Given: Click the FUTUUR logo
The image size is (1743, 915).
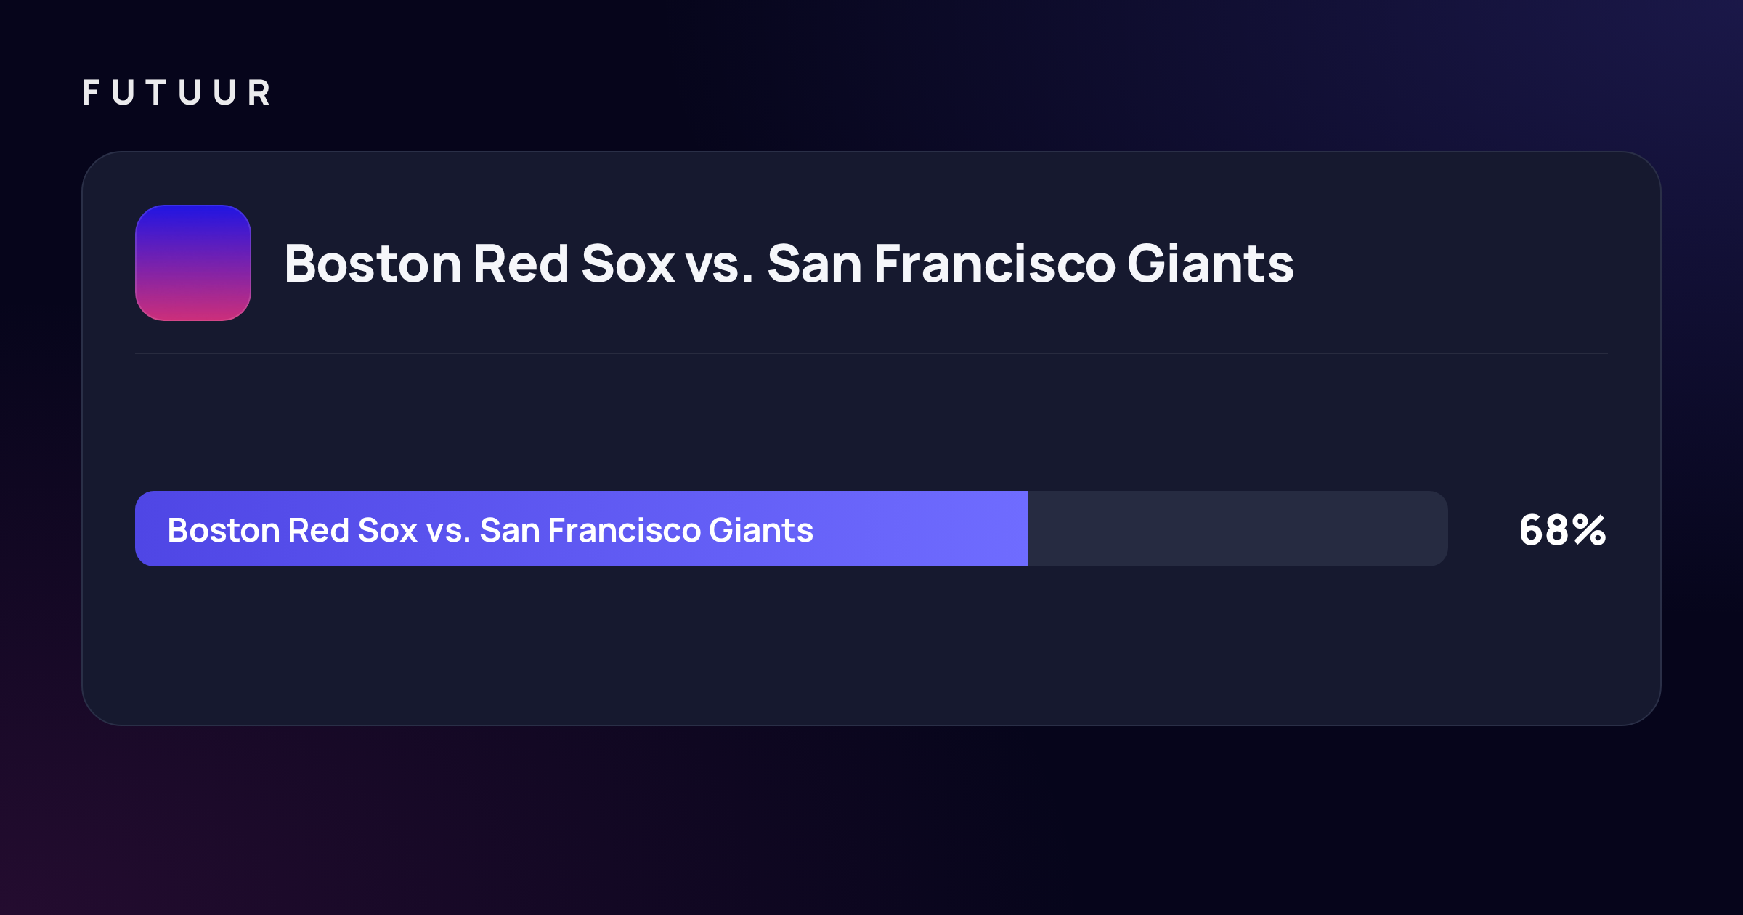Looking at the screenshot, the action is click(x=176, y=93).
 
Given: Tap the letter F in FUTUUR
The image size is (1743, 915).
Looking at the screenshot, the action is click(x=91, y=93).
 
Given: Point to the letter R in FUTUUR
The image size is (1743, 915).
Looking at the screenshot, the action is click(x=259, y=93).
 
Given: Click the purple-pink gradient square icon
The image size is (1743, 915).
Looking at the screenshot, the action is click(x=193, y=263).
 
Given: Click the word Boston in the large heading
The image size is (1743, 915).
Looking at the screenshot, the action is click(x=373, y=263).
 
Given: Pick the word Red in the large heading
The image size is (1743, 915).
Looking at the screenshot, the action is click(x=521, y=263).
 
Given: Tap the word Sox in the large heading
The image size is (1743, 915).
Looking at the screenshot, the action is click(x=628, y=263).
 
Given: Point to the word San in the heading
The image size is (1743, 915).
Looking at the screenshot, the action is click(x=815, y=263).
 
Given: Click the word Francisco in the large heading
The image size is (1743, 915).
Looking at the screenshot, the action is click(x=995, y=263).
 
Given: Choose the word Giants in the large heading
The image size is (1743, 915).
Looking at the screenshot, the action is click(x=1211, y=263).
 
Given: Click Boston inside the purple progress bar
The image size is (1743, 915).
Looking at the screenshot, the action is click(x=224, y=530).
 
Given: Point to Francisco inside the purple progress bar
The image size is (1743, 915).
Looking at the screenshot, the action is click(x=624, y=530).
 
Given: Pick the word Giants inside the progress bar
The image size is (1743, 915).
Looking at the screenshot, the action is click(x=761, y=530).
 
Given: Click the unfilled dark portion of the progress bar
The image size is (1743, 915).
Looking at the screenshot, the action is click(x=1238, y=529).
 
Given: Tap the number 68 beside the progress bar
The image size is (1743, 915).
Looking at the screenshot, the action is click(x=1544, y=530).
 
